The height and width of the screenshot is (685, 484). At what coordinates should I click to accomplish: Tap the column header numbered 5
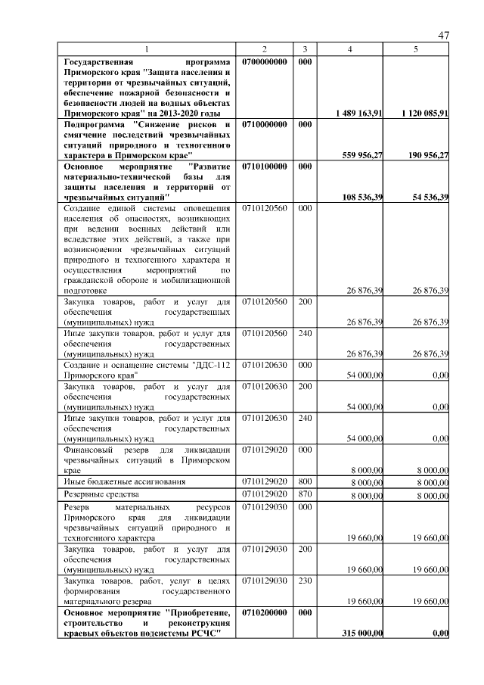coord(416,49)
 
